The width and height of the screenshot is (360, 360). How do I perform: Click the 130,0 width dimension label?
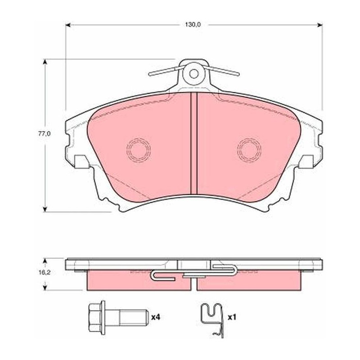point(193,25)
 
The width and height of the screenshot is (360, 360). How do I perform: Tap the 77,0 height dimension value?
point(44,134)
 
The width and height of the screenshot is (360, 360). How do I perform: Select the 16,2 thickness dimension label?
point(44,273)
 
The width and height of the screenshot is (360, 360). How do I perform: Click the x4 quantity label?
point(155,318)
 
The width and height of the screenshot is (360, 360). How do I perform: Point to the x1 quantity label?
point(232,318)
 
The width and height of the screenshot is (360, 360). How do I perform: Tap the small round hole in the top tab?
point(193,74)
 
